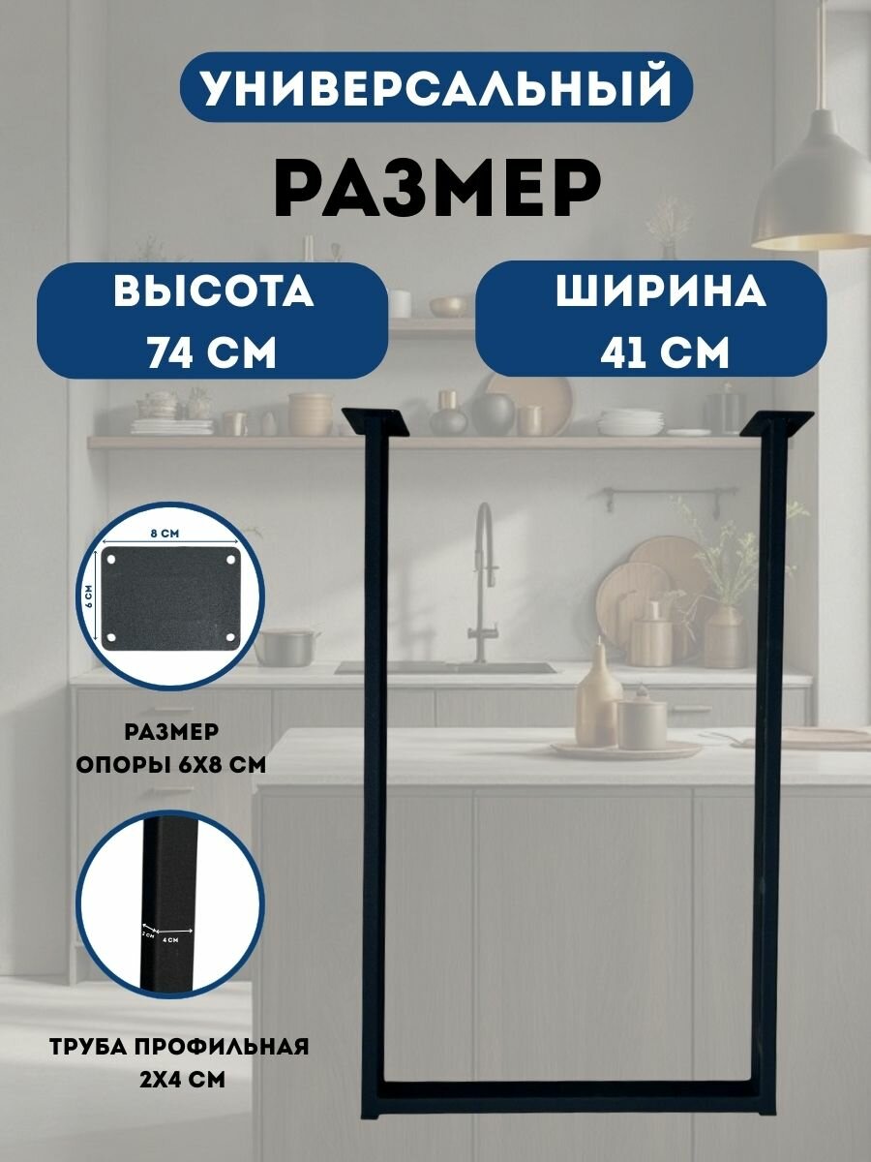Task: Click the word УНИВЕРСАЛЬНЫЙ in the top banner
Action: [x=435, y=87]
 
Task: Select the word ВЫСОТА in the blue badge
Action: [x=214, y=291]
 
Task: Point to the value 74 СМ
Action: [x=212, y=351]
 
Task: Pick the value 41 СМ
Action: [x=664, y=351]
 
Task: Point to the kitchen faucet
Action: [x=481, y=581]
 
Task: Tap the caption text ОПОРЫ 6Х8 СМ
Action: [x=171, y=763]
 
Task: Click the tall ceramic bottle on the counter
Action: [x=600, y=692]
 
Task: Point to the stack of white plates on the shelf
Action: [x=629, y=422]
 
